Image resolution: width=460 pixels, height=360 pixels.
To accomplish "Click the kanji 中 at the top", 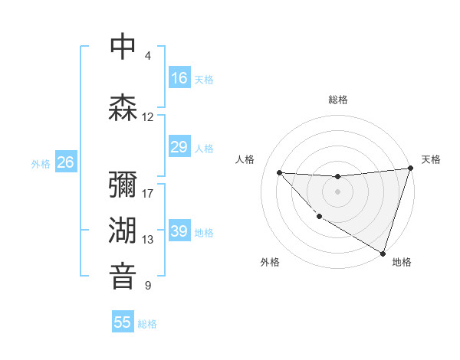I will (123, 47).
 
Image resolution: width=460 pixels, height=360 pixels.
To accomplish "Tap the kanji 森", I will (123, 106).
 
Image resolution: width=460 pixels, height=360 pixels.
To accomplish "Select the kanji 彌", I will (123, 184).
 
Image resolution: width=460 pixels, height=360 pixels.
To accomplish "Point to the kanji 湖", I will (123, 230).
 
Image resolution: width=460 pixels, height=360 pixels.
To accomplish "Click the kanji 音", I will (123, 276).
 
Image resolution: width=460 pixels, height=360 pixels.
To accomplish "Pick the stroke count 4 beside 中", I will (148, 56).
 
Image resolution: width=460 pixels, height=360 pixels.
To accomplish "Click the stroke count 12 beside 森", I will (148, 117).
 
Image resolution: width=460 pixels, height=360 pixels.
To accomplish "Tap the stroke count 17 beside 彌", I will (148, 193).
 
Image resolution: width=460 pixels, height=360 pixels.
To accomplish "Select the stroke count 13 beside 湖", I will (148, 240).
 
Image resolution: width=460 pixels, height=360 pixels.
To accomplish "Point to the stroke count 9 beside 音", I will (148, 286).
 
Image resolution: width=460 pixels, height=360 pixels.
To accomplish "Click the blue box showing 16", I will (179, 78).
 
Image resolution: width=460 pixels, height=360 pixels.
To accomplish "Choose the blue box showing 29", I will (179, 147).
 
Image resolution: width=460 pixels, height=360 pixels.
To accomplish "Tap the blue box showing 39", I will (179, 231).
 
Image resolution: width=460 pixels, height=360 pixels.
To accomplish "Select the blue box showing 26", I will (65, 162).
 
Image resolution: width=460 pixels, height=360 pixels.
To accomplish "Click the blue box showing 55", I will (123, 322).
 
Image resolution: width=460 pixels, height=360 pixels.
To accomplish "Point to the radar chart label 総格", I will (338, 100).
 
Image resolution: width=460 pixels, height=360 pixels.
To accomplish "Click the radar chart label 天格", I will (431, 159).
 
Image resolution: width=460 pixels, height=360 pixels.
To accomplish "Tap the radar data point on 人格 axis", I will (279, 172).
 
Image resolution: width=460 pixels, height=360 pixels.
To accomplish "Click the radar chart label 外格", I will (269, 262).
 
